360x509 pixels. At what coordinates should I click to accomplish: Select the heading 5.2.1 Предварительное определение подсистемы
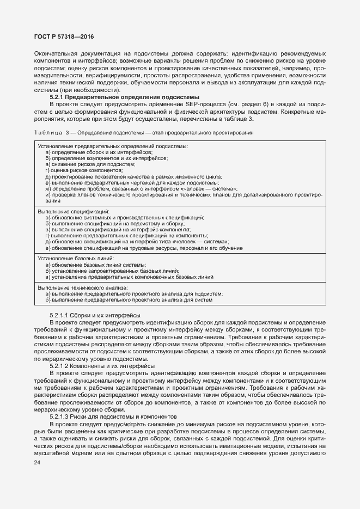[119, 96]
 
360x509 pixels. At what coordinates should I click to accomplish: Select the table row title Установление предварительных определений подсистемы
[113, 146]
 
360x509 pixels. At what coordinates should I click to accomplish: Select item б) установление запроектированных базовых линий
[113, 271]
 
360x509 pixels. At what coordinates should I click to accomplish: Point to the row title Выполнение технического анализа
[83, 287]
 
